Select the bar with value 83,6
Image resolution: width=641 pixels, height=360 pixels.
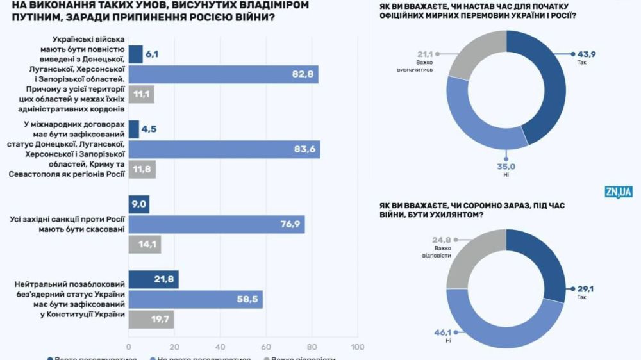click(224, 149)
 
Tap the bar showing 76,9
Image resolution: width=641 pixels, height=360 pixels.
click(217, 224)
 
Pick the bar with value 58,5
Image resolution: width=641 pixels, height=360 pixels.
click(196, 299)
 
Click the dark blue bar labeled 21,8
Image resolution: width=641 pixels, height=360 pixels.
click(153, 280)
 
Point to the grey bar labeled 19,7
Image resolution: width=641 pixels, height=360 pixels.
click(151, 320)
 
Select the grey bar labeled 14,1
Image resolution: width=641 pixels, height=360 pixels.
click(145, 244)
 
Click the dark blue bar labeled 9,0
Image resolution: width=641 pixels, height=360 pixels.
click(139, 205)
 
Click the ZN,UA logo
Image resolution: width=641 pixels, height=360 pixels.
click(618, 192)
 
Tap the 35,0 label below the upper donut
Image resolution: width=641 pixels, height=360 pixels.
click(506, 166)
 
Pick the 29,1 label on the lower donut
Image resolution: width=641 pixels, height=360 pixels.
click(585, 290)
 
